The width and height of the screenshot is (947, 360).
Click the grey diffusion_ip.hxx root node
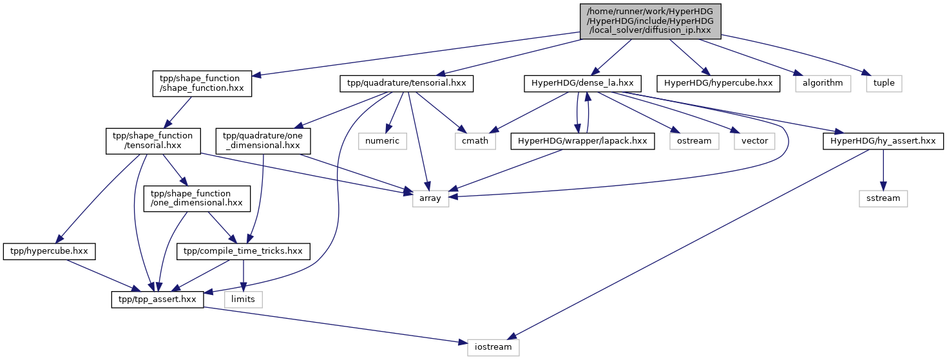pyautogui.click(x=650, y=21)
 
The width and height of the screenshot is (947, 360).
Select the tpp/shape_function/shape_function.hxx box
pyautogui.click(x=202, y=83)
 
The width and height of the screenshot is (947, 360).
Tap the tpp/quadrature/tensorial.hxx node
pyautogui.click(x=407, y=83)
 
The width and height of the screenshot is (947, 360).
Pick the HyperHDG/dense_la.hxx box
pyautogui.click(x=582, y=83)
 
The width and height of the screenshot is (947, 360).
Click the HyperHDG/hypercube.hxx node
pyautogui.click(x=718, y=83)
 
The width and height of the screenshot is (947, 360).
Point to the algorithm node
pyautogui.click(x=823, y=83)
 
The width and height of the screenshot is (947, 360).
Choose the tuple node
pyautogui.click(x=884, y=83)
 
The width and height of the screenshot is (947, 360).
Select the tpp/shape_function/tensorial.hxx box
pyautogui.click(x=153, y=141)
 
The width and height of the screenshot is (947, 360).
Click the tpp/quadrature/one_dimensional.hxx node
pyautogui.click(x=263, y=141)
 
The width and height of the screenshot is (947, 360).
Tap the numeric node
pyautogui.click(x=383, y=141)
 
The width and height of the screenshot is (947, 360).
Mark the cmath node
pyautogui.click(x=475, y=141)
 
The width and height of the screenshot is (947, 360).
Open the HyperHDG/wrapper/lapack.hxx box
pyautogui.click(x=582, y=141)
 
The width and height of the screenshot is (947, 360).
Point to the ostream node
pyautogui.click(x=694, y=141)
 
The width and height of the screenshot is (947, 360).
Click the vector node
pyautogui.click(x=754, y=141)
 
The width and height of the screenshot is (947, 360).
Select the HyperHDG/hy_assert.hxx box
pyautogui.click(x=883, y=141)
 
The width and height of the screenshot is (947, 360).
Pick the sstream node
pyautogui.click(x=883, y=198)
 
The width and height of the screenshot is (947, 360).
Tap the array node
pyautogui.click(x=430, y=198)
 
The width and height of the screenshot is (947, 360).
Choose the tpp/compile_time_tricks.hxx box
pyautogui.click(x=243, y=251)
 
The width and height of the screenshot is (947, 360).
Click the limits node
pyautogui.click(x=243, y=299)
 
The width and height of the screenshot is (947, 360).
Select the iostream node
pyautogui.click(x=493, y=347)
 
